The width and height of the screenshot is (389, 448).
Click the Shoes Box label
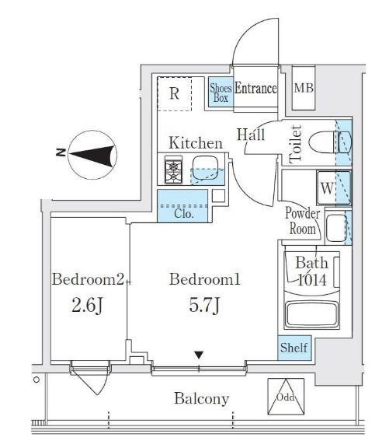click(x=221, y=93)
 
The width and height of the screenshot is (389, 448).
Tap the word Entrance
click(x=255, y=89)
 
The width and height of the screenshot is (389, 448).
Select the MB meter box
click(x=304, y=88)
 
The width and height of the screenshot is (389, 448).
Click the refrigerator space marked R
click(x=175, y=93)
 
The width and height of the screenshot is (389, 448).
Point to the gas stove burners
click(x=173, y=170)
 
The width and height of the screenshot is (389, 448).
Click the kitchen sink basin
click(x=205, y=169)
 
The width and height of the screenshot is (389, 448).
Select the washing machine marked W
click(x=334, y=187)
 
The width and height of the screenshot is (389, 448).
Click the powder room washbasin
click(x=336, y=228)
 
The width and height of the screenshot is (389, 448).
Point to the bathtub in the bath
click(x=311, y=313)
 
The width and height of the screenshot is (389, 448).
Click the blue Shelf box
click(x=294, y=348)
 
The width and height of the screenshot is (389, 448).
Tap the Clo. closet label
click(x=184, y=214)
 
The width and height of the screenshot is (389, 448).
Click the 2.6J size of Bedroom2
click(x=87, y=306)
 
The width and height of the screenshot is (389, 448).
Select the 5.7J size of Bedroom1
click(x=204, y=305)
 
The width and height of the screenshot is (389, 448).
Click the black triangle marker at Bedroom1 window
click(x=199, y=355)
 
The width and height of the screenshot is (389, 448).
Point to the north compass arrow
click(x=92, y=155)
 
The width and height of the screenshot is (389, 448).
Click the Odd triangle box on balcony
click(x=286, y=397)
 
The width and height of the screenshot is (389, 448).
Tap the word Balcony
click(x=202, y=399)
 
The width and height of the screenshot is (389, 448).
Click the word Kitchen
click(x=196, y=143)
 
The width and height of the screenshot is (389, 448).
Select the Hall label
click(x=251, y=135)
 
